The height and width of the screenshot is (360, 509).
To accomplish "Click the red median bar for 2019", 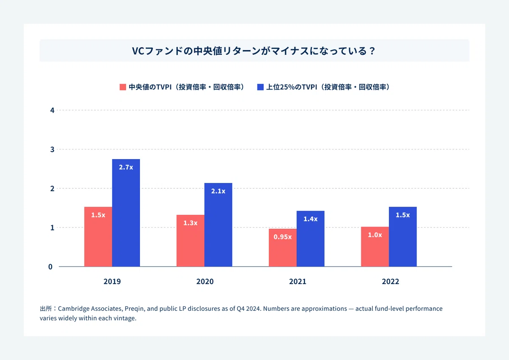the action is pos(98,236).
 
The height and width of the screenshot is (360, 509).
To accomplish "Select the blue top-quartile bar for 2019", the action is pos(126,213).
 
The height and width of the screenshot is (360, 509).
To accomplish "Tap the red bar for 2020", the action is pos(190,241).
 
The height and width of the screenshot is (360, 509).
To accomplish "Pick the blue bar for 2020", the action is pos(218,225).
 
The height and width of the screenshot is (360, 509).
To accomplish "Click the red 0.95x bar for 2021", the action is pos(282,247).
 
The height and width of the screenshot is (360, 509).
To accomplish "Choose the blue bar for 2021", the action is pos(310,239).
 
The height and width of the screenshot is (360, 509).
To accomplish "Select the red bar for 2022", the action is pos(375,247).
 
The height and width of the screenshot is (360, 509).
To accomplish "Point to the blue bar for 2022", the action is pos(403,236).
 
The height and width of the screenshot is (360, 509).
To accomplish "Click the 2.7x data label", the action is pos(126,167).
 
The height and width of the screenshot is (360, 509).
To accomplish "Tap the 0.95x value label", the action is pos(282,237).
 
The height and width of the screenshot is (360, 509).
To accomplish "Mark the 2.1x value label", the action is pos(218,191).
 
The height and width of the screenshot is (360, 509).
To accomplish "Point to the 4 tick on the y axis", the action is pos(52,110).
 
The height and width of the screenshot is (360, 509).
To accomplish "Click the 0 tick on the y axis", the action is pos(50,267).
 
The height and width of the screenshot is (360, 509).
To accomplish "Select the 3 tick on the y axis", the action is pos(52,149).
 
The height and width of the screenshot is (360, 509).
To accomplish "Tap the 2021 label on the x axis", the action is pos(298,281).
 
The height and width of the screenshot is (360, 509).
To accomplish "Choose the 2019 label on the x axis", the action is pos(112,281).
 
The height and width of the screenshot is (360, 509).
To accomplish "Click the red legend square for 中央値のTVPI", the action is pos(123,87).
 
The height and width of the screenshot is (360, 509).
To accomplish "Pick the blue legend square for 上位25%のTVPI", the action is pos(260,87).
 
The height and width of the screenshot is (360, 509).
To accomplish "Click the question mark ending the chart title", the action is pos(372,51).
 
